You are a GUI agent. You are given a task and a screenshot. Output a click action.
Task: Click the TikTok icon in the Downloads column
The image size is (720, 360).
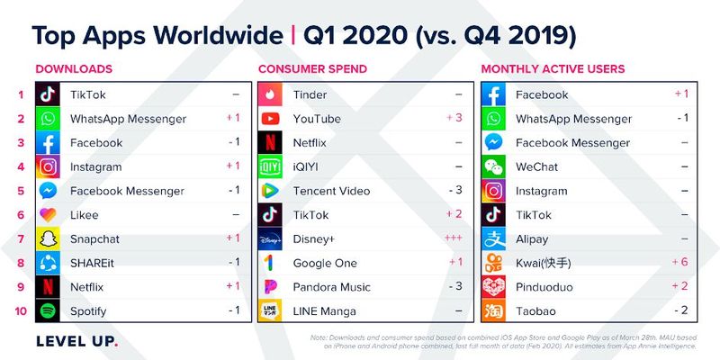point(47,94)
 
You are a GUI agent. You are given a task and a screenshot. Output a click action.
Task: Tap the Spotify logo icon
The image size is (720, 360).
point(47,311)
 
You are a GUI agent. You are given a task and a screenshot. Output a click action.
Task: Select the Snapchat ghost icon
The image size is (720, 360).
point(47,239)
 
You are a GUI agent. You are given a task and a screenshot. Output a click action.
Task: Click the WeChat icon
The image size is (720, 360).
point(493,166)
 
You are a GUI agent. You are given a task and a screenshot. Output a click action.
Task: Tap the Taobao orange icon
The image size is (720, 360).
point(493,311)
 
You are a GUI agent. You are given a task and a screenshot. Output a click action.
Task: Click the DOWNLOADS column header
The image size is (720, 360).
point(74,68)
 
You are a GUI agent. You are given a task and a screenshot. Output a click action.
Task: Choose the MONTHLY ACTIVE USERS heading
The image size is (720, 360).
point(553,68)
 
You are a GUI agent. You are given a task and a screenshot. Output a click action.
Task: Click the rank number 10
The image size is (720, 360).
point(19,311)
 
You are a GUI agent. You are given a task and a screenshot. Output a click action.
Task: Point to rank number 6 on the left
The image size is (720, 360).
point(19,215)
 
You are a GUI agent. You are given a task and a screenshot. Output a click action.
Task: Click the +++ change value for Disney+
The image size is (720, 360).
point(455,239)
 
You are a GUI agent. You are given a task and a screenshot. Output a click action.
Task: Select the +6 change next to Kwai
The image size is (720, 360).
point(680,263)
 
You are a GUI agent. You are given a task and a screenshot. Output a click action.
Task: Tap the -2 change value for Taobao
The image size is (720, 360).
point(680,311)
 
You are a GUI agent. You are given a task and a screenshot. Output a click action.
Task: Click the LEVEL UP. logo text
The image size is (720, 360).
point(76,342)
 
